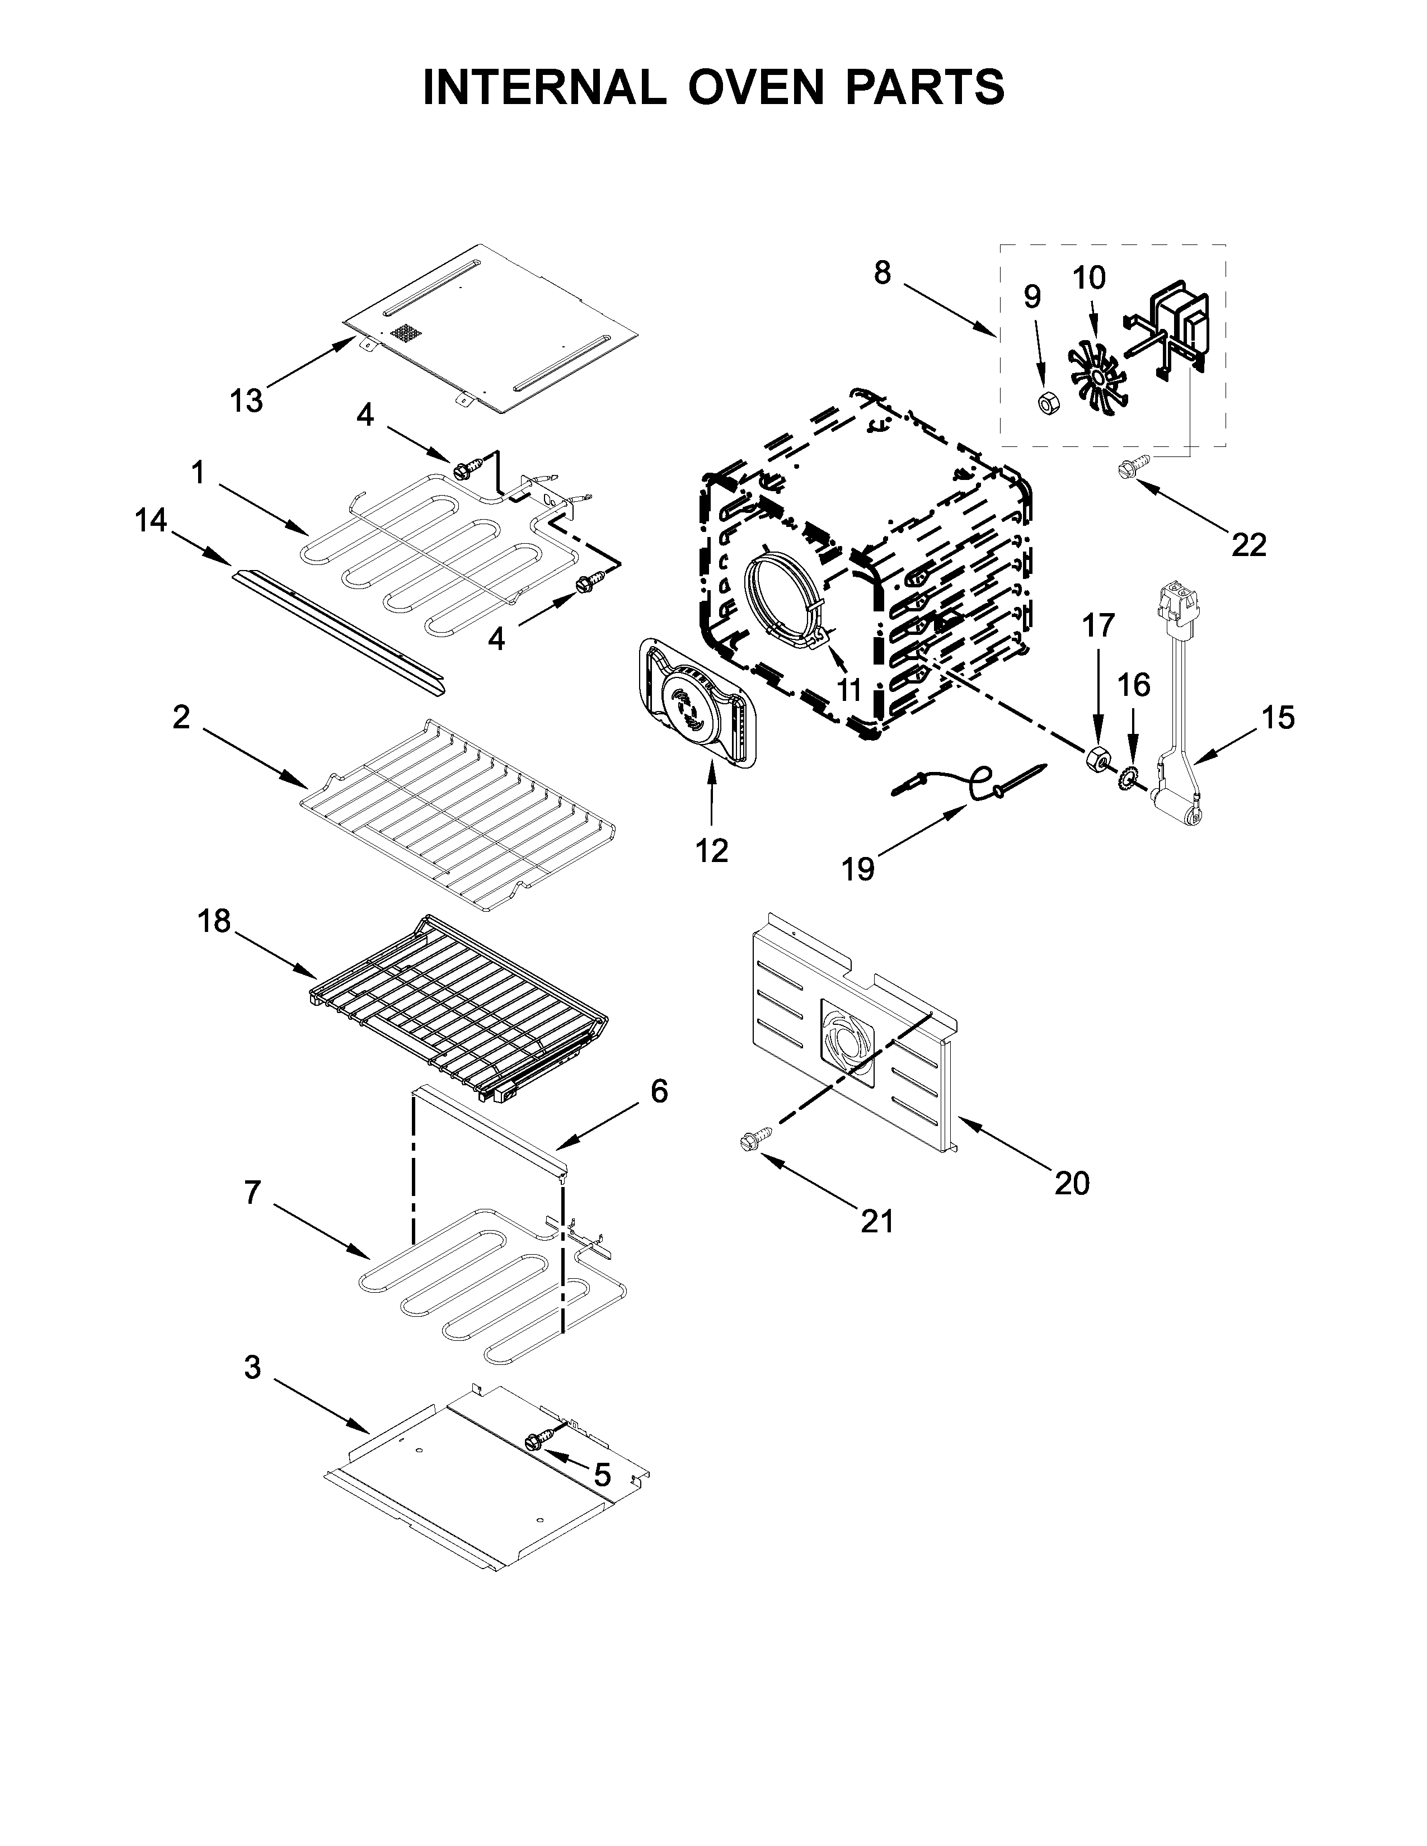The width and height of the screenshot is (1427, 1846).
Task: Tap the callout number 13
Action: (x=246, y=400)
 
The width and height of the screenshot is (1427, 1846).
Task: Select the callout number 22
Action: (x=1248, y=545)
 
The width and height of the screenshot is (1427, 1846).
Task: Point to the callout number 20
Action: (x=1072, y=1183)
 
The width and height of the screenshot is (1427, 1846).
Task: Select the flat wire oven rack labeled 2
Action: (x=457, y=813)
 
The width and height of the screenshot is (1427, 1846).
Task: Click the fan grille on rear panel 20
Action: (x=848, y=1042)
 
